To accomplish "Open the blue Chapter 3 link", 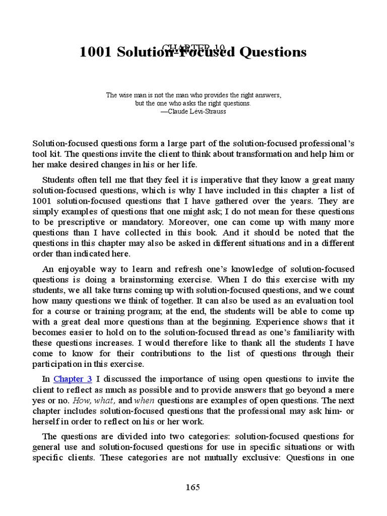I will [73, 379].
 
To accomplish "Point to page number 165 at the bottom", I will [193, 487].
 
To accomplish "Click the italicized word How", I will [81, 401].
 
